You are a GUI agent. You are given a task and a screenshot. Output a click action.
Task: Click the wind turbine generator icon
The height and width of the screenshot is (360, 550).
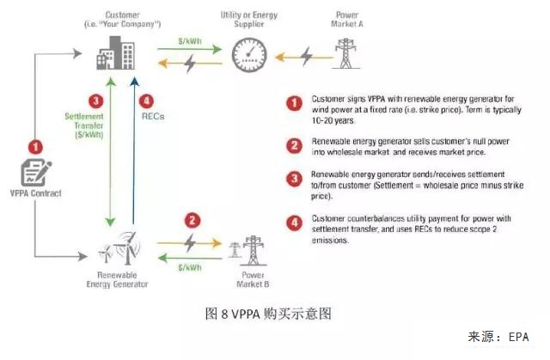(x=118, y=249)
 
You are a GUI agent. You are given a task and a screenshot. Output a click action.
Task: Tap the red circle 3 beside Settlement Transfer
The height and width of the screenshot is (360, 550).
(x=96, y=101)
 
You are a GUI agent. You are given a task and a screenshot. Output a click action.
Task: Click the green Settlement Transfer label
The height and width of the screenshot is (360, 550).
(x=84, y=126)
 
